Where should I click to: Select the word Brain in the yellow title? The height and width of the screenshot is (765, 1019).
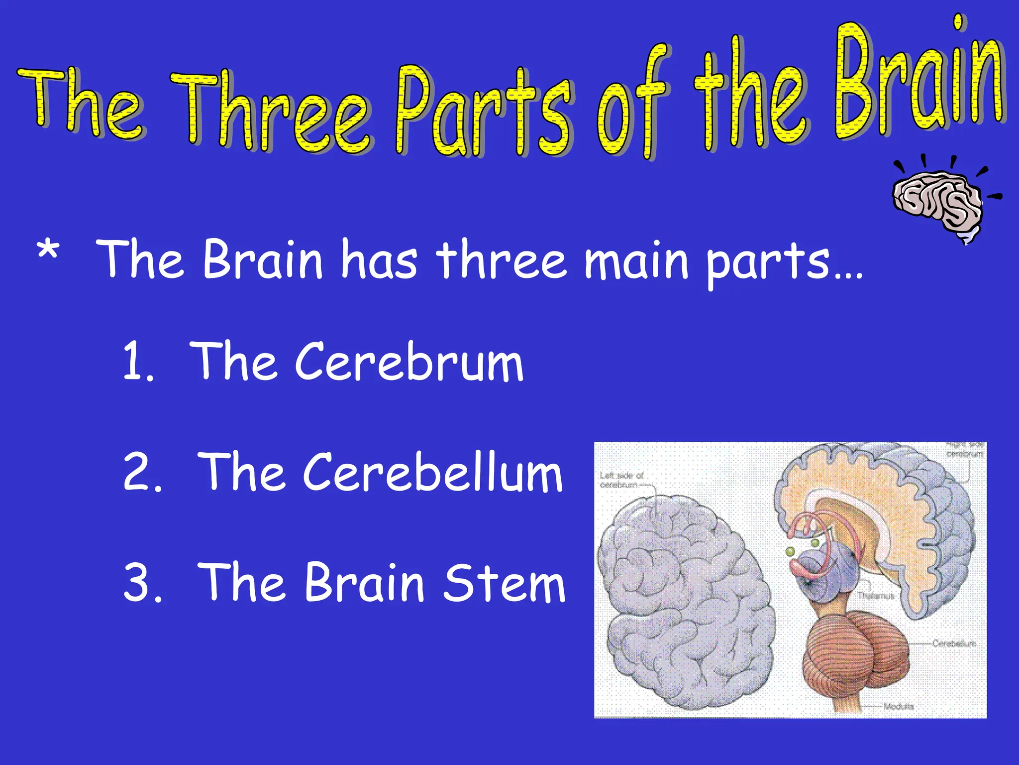pyautogui.click(x=920, y=80)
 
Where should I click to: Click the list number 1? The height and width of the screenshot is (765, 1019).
pyautogui.click(x=137, y=361)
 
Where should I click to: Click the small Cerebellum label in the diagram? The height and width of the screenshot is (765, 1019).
pyautogui.click(x=954, y=643)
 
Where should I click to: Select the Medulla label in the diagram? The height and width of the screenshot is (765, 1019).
pyautogui.click(x=899, y=706)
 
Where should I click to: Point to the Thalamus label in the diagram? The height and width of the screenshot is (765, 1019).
pyautogui.click(x=876, y=596)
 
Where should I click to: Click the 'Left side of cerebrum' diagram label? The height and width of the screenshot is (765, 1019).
pyautogui.click(x=621, y=480)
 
